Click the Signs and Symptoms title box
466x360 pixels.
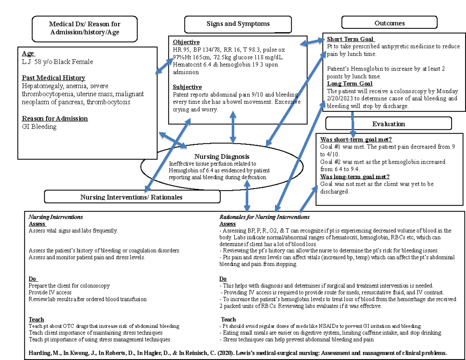(x=238, y=24)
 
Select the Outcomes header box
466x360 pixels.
(x=389, y=23)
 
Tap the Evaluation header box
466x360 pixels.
(x=388, y=124)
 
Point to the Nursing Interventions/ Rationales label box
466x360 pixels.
(x=132, y=197)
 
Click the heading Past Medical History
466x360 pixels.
(x=53, y=78)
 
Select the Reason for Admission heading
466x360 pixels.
(x=54, y=118)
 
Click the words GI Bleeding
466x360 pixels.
(x=39, y=127)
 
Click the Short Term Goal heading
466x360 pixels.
(x=350, y=39)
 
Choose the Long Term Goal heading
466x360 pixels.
(x=349, y=83)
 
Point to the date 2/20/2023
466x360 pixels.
(x=344, y=99)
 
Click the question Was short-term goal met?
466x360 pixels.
(x=355, y=140)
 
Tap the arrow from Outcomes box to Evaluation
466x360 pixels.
(x=353, y=123)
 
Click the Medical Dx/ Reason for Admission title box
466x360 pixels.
(x=85, y=28)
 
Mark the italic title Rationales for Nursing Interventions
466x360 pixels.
(x=264, y=217)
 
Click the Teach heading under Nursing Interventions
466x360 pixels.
(x=36, y=320)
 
